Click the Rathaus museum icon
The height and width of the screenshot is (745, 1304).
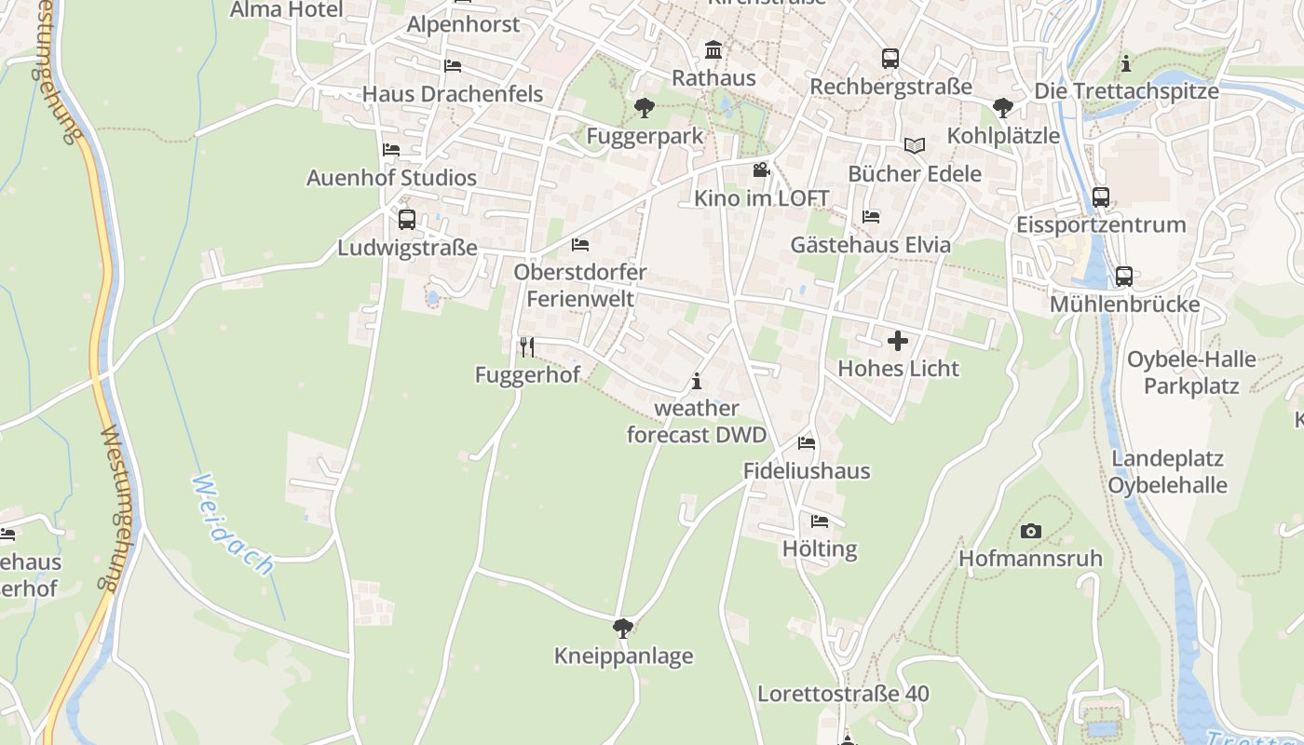[x=713, y=49]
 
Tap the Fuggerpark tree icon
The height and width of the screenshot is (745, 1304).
[x=644, y=108]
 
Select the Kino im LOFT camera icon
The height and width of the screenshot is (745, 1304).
[x=761, y=170]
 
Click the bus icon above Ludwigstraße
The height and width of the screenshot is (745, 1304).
[x=407, y=220]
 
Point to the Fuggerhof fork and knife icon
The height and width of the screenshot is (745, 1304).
[x=527, y=347]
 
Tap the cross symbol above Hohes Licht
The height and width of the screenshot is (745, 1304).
[x=898, y=341]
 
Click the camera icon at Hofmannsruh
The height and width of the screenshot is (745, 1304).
[x=1030, y=531]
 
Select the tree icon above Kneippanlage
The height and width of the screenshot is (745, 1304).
[x=623, y=629]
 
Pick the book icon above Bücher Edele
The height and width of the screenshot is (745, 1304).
[x=915, y=146]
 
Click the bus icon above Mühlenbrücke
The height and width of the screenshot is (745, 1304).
[x=1124, y=277]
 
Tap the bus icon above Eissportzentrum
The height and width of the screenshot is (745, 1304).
[x=1101, y=197]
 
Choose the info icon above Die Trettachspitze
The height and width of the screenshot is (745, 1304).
[x=1126, y=63]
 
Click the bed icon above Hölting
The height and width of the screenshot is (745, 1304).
[x=820, y=521]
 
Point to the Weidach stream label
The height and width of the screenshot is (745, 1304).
[x=233, y=523]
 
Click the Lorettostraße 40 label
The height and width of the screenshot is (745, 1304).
[x=843, y=694]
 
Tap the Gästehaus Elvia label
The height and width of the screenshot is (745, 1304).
[x=871, y=245]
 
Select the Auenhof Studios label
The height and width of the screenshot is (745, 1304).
[x=391, y=178]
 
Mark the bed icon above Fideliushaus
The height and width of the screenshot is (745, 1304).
[x=807, y=443]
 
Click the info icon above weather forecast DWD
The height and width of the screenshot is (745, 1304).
[x=697, y=381]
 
